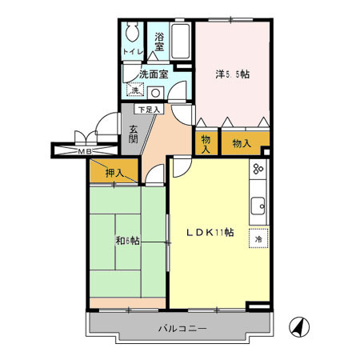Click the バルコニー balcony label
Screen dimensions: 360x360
tap(182, 329)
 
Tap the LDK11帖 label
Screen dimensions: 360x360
tap(210, 233)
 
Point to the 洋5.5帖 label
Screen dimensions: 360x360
tap(232, 74)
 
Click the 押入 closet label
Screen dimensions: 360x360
tap(114, 172)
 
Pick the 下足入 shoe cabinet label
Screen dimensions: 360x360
tap(148, 109)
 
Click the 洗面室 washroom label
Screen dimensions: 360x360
tap(153, 74)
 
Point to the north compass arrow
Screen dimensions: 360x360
tap(297, 326)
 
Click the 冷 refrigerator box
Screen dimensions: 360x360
tap(258, 239)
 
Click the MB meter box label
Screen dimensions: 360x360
tap(82, 150)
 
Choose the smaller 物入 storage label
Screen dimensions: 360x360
tap(206, 144)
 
